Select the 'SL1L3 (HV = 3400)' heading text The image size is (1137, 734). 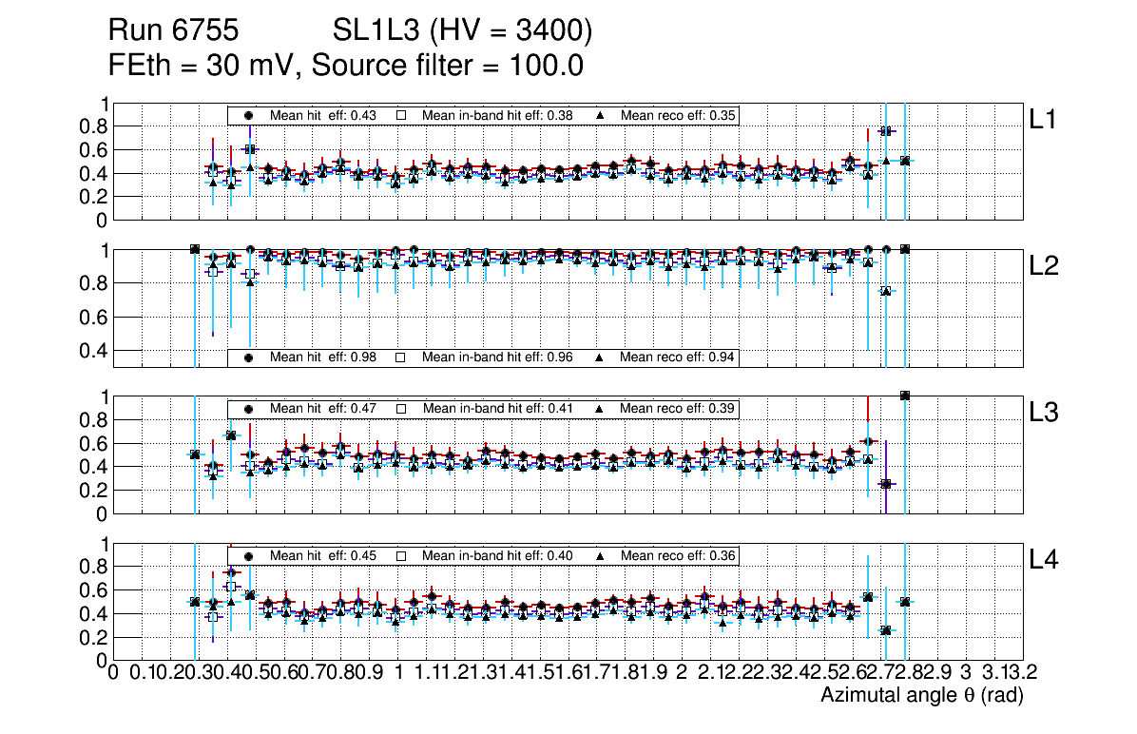click(462, 32)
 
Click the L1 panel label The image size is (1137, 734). click(1044, 120)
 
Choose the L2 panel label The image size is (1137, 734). click(1045, 267)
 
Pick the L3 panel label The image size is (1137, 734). click(1045, 414)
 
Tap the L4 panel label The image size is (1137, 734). click(1045, 560)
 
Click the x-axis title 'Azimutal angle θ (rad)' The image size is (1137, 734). click(921, 696)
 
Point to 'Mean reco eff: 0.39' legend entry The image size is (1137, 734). click(679, 408)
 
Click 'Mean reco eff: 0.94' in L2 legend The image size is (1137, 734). click(679, 357)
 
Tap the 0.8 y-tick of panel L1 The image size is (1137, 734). click(93, 126)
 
